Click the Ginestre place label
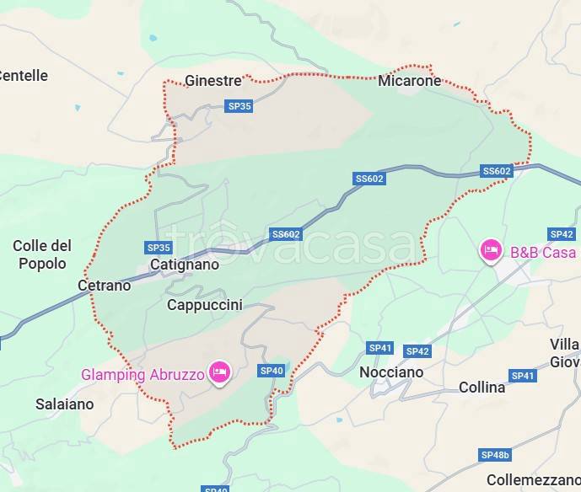(x=212, y=81)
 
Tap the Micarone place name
(x=409, y=81)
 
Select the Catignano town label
(x=184, y=265)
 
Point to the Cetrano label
(x=104, y=286)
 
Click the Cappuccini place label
(x=204, y=305)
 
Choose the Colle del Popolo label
(x=41, y=254)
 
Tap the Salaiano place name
(x=65, y=404)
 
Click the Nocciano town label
(x=391, y=372)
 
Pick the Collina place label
(x=481, y=388)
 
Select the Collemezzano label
(x=533, y=480)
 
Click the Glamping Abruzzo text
(x=143, y=375)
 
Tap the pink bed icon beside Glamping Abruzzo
(x=219, y=372)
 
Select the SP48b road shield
(x=495, y=455)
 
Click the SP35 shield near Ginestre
(x=239, y=106)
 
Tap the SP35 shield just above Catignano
(x=159, y=248)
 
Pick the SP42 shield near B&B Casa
(x=561, y=234)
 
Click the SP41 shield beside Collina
(x=523, y=376)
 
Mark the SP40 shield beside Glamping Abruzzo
(x=272, y=371)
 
